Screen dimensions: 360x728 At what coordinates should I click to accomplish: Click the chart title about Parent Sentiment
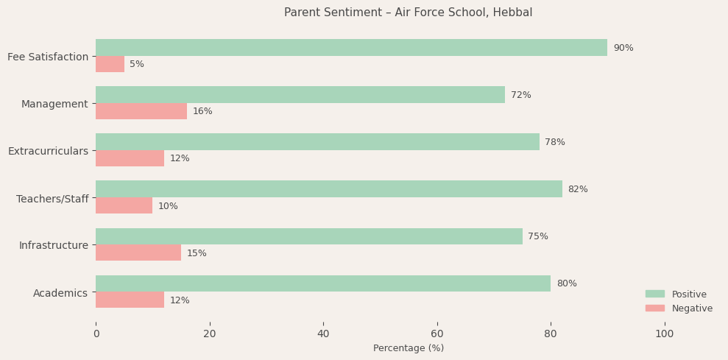pyautogui.click(x=408, y=13)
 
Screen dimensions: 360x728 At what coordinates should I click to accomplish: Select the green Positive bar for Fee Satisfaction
pyautogui.click(x=351, y=48)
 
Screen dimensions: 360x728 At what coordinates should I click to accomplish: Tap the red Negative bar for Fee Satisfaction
pyautogui.click(x=110, y=64)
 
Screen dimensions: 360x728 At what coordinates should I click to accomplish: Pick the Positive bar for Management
pyautogui.click(x=300, y=95)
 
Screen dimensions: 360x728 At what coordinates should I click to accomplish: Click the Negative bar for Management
pyautogui.click(x=141, y=111)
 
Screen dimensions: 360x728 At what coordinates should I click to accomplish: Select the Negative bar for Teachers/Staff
pyautogui.click(x=124, y=205)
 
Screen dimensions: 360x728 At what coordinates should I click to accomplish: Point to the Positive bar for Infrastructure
pyautogui.click(x=308, y=236)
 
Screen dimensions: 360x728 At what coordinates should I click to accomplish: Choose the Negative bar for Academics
pyautogui.click(x=130, y=300)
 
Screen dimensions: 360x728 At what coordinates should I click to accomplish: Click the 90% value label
pyautogui.click(x=623, y=48)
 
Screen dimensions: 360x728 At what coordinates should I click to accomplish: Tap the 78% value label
pyautogui.click(x=554, y=142)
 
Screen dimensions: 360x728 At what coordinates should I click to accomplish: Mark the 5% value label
pyautogui.click(x=137, y=64)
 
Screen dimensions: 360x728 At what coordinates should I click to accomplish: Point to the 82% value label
pyautogui.click(x=577, y=189)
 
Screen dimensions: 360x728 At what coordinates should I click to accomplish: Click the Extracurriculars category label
pyautogui.click(x=48, y=151)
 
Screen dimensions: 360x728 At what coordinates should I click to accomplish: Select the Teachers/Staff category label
pyautogui.click(x=52, y=199)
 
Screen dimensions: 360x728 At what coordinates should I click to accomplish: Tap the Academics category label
pyautogui.click(x=60, y=293)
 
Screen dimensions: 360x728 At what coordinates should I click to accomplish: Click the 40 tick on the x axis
pyautogui.click(x=323, y=333)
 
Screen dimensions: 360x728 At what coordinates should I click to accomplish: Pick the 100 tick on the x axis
pyautogui.click(x=664, y=333)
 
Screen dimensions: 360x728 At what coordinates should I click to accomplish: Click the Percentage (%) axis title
pyautogui.click(x=408, y=348)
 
